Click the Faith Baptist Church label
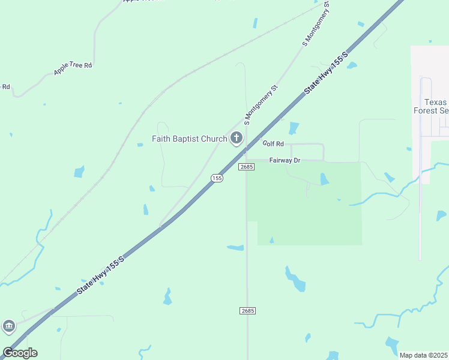tap(189, 139)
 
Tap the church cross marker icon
tap(237, 139)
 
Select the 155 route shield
tap(217, 178)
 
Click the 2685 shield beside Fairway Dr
tap(246, 166)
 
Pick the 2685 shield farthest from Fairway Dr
tap(247, 310)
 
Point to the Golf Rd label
tap(273, 144)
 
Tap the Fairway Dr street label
tap(285, 160)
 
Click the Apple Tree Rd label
tap(73, 68)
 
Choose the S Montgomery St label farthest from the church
tap(316, 24)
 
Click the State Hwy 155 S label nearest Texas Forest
tap(327, 71)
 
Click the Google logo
tap(20, 353)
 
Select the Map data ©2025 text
tap(423, 355)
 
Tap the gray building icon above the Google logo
tap(8, 326)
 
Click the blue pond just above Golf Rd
tap(294, 128)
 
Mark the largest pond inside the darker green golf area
tap(324, 179)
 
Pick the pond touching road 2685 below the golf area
tap(235, 247)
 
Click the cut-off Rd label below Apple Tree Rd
tap(5, 86)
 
